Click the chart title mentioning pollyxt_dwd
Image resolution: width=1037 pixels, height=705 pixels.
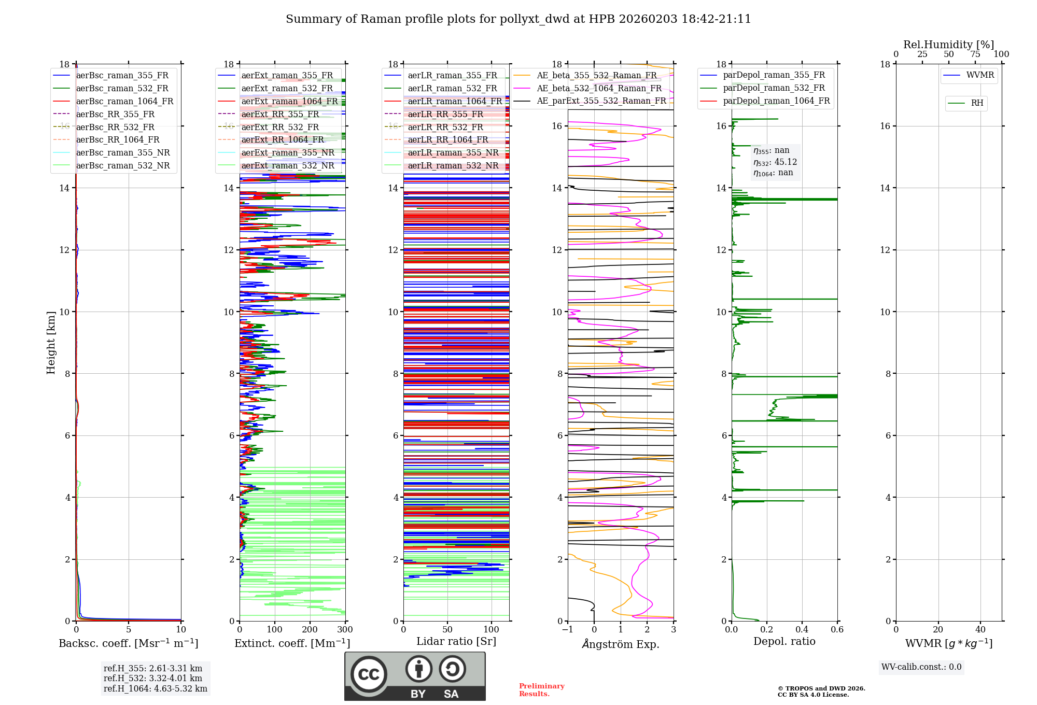click(x=518, y=19)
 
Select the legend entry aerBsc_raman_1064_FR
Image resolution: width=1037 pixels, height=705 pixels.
click(x=124, y=101)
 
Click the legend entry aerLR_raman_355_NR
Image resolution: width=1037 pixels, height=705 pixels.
click(x=453, y=152)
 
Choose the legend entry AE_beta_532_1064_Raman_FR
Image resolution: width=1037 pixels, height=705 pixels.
click(x=599, y=88)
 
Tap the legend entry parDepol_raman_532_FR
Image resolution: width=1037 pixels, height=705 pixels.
click(x=774, y=88)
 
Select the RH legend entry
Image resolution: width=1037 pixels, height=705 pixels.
click(x=977, y=103)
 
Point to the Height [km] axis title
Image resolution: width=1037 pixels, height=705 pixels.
click(x=51, y=342)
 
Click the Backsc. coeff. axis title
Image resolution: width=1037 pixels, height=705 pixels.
click(x=128, y=643)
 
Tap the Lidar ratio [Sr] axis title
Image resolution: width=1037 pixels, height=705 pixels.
click(x=456, y=641)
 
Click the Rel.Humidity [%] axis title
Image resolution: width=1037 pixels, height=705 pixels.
click(x=948, y=45)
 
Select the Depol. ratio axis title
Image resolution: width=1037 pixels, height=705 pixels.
click(x=784, y=641)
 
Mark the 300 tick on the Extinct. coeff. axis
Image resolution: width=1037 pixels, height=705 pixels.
click(x=345, y=630)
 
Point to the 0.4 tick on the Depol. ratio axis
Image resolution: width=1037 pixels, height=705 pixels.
click(x=802, y=630)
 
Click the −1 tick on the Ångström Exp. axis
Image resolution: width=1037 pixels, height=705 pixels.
click(x=567, y=630)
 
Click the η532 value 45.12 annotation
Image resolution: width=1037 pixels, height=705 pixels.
click(x=775, y=162)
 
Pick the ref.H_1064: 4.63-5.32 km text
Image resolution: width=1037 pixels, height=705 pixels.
click(x=155, y=688)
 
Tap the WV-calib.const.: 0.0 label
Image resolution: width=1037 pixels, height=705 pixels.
click(x=921, y=667)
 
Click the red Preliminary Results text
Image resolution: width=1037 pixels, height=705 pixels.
click(x=541, y=690)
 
